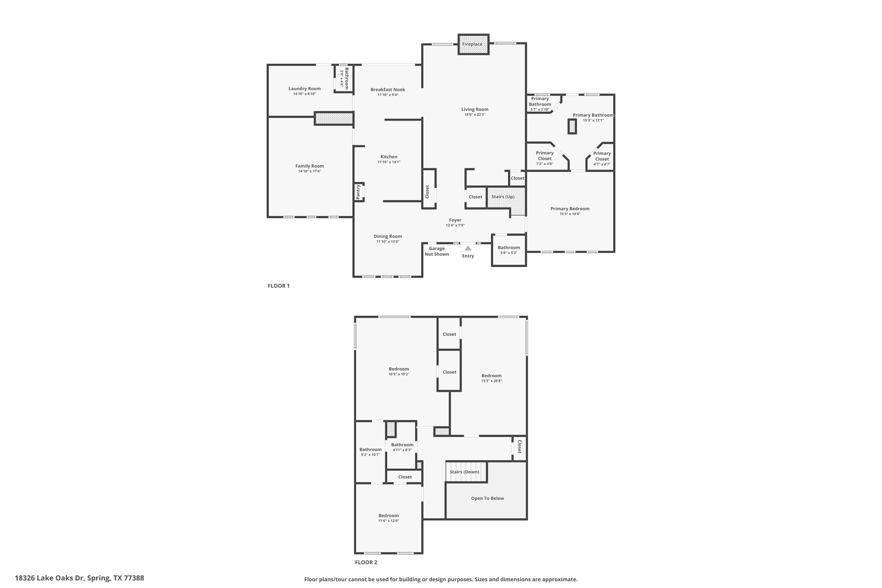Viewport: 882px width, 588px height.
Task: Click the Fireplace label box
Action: pos(472,44)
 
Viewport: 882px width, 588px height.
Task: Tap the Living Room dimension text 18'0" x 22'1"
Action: pos(475,115)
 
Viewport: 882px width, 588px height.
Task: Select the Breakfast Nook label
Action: pos(388,90)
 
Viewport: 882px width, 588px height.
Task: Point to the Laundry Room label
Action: pos(304,89)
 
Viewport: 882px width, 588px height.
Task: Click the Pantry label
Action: pos(358,192)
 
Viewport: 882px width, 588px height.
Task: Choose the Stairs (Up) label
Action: pos(503,197)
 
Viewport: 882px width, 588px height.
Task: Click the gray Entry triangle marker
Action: pos(468,248)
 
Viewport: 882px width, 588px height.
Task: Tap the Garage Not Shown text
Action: pos(437,251)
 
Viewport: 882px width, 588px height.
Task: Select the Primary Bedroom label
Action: pos(570,209)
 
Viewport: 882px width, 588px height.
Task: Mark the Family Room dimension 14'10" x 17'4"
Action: pos(310,171)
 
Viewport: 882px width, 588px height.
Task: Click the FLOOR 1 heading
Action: pos(279,286)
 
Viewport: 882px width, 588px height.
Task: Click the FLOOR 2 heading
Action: pos(366,562)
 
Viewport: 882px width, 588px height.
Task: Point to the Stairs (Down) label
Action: pos(464,472)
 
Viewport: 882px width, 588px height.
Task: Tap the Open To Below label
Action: pos(487,498)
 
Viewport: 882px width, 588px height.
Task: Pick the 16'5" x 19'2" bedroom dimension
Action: pos(399,374)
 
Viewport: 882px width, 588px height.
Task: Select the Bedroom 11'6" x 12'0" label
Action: pos(388,516)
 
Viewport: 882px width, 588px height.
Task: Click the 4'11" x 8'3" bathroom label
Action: pos(402,450)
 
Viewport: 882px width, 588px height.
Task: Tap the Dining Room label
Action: pos(388,236)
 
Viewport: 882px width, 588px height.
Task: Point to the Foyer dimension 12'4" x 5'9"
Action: pos(455,225)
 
